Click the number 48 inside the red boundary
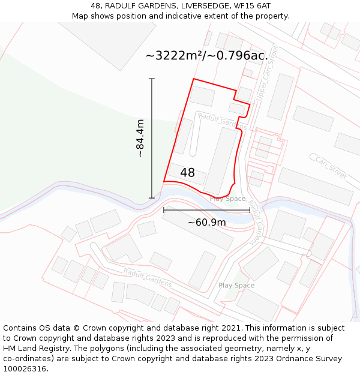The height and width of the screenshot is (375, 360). tap(187, 173)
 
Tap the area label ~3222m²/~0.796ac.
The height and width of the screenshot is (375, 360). tap(206, 56)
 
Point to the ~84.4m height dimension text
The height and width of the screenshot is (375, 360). tap(140, 138)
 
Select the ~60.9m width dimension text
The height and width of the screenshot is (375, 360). tap(206, 223)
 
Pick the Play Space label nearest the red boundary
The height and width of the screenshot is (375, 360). tap(227, 199)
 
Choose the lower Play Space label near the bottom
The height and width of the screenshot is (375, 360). tap(236, 286)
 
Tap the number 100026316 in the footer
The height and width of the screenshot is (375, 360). tap(25, 369)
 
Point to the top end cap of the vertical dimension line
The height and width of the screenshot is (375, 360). tap(151, 79)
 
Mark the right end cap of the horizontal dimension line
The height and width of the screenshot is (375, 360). tap(250, 210)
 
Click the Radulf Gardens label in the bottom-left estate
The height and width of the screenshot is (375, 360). tap(148, 278)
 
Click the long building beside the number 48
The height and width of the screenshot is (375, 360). tap(220, 160)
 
